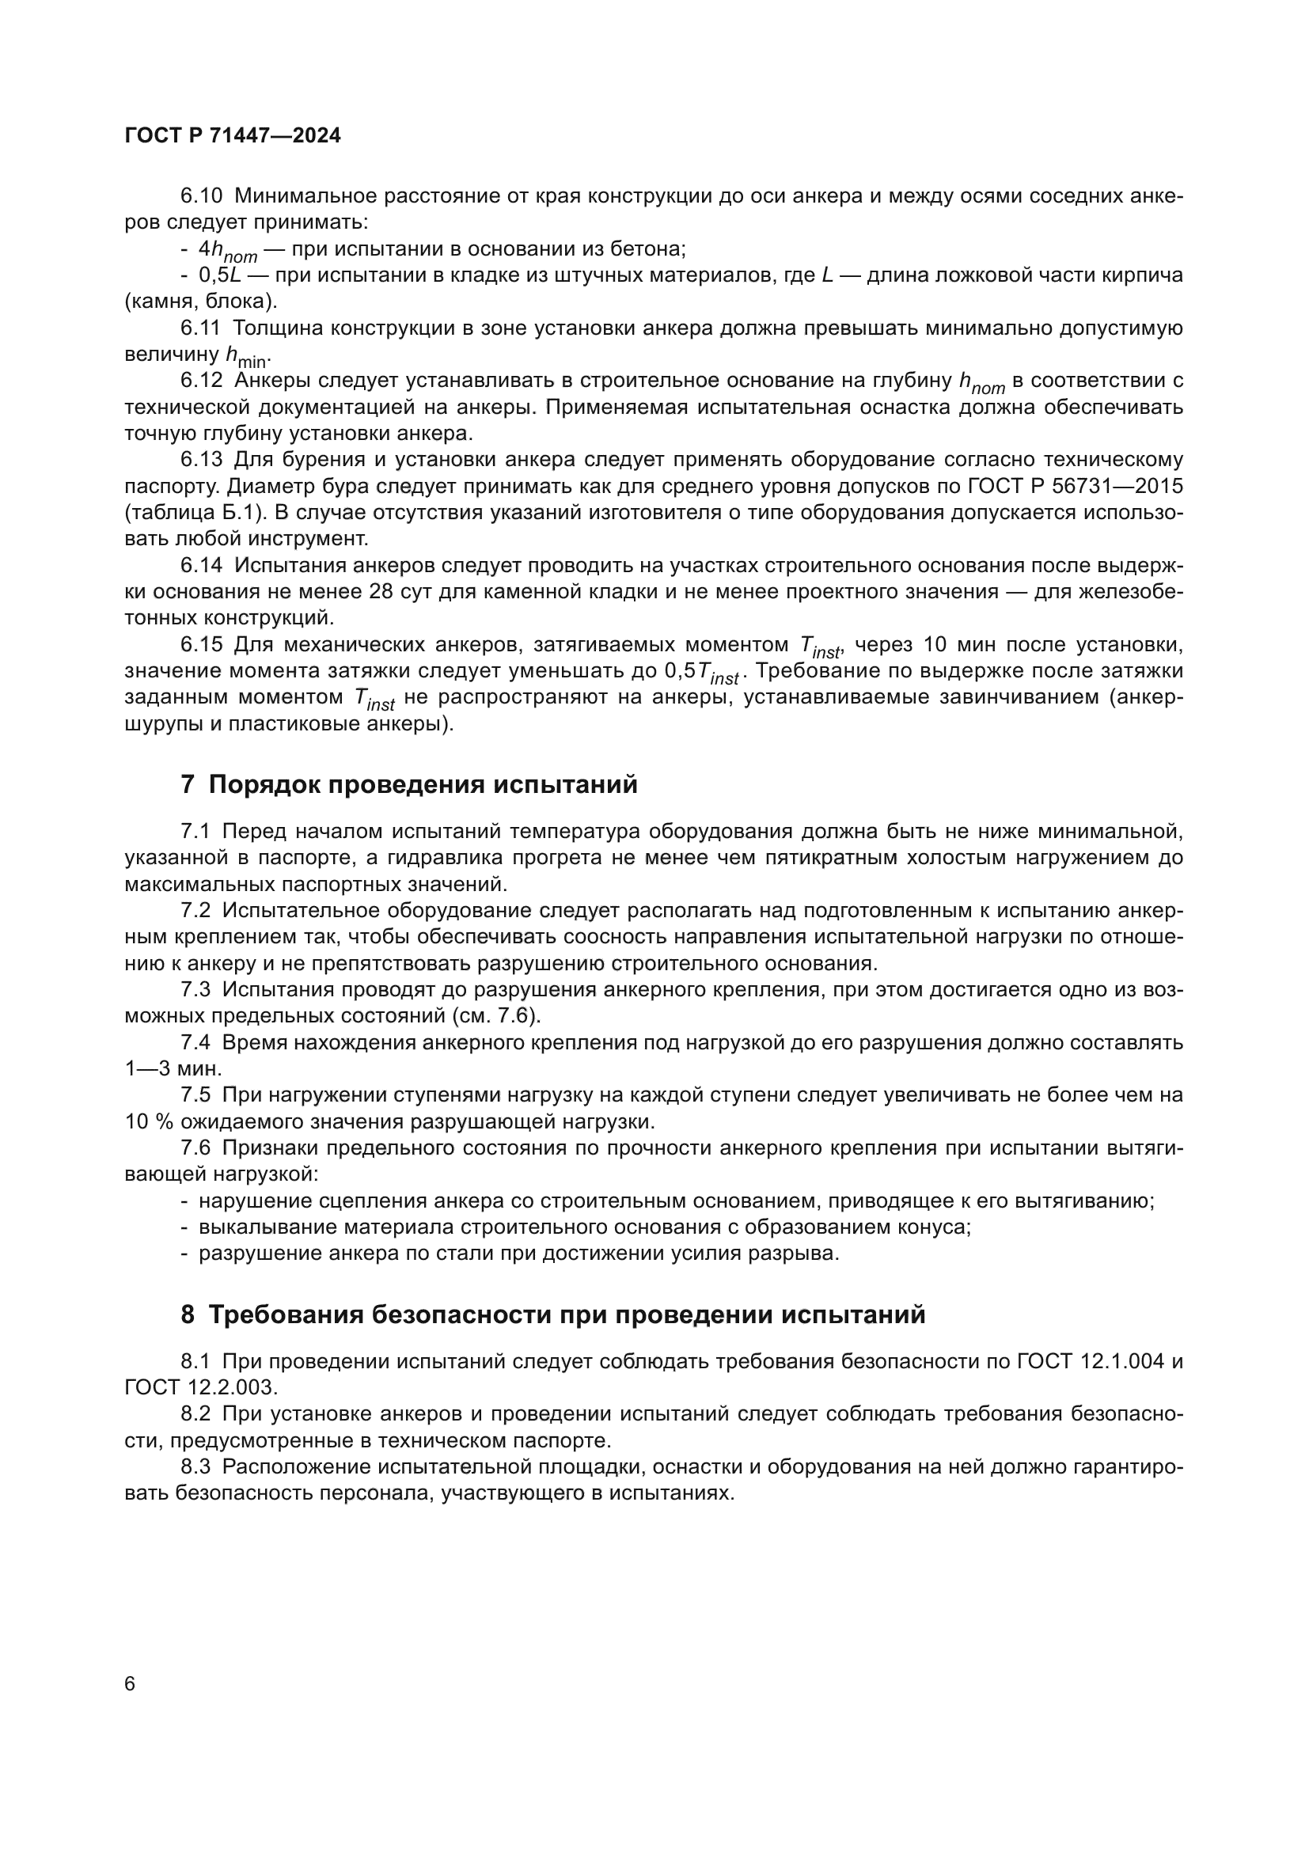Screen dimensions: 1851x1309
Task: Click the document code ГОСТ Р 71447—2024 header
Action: [233, 135]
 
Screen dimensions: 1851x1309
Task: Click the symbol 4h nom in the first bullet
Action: [227, 251]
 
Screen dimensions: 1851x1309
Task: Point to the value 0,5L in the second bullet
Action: [220, 275]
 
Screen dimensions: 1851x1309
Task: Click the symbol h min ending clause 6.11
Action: [248, 355]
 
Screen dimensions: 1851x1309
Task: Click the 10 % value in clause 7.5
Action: [149, 1121]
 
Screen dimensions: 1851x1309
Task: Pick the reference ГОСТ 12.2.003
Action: [201, 1387]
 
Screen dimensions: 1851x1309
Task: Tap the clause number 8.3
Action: [195, 1466]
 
